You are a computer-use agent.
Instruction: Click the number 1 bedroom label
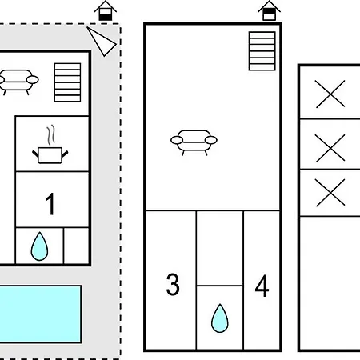point(50,204)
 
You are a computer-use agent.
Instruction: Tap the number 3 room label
point(173,285)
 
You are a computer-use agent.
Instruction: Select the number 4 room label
point(262,286)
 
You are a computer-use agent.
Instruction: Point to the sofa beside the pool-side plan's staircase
point(18,82)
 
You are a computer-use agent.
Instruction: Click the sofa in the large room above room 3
point(194,142)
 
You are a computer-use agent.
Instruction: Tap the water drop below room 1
point(39,246)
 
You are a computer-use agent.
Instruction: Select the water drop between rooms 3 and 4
point(220,318)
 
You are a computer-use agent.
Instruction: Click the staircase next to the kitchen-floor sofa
point(67,82)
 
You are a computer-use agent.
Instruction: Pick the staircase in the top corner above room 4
point(262,51)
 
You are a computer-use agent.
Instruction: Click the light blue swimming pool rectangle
point(40,314)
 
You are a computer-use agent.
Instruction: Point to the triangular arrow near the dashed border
point(102,42)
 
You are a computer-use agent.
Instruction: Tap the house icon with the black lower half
point(106,11)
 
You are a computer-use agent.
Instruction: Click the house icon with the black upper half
point(269,10)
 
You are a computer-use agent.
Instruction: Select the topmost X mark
point(330,94)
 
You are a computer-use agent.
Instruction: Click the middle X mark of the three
point(330,148)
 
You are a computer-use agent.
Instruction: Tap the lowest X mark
point(330,193)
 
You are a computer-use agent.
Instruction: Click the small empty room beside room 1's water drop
point(76,246)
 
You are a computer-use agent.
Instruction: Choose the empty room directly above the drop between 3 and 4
point(220,248)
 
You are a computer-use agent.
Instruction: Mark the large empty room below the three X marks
point(330,282)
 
